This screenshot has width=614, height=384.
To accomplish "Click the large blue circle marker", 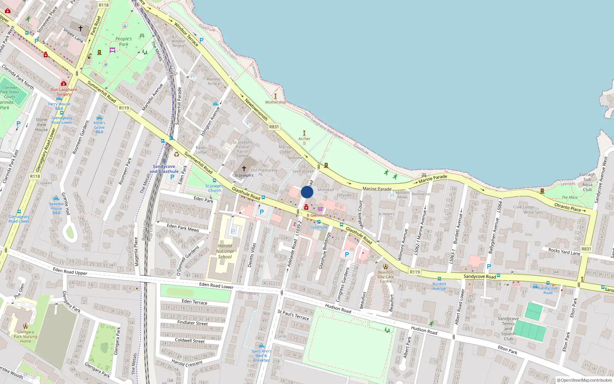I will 307,192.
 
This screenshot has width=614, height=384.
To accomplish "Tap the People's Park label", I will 124,41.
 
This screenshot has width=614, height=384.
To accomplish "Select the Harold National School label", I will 225,252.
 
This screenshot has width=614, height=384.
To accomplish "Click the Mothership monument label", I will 275,102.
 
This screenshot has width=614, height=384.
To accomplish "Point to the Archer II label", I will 304,141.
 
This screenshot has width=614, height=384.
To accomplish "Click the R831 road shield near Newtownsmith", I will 274,127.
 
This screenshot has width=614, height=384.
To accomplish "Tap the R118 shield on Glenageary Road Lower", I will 35,176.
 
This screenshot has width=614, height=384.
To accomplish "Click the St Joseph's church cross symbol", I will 244,169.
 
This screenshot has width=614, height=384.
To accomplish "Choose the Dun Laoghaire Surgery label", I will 64,92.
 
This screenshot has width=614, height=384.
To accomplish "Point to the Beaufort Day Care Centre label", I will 386,276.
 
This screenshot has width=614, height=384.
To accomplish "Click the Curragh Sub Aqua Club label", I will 587,182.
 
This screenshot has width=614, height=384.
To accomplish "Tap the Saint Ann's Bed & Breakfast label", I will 261,356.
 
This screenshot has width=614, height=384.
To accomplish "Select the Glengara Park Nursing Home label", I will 25,336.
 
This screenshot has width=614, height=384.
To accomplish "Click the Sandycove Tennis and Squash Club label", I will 508,328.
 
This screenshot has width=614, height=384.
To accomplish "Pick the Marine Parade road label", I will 377,189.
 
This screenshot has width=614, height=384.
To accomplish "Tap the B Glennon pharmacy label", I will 316,215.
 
